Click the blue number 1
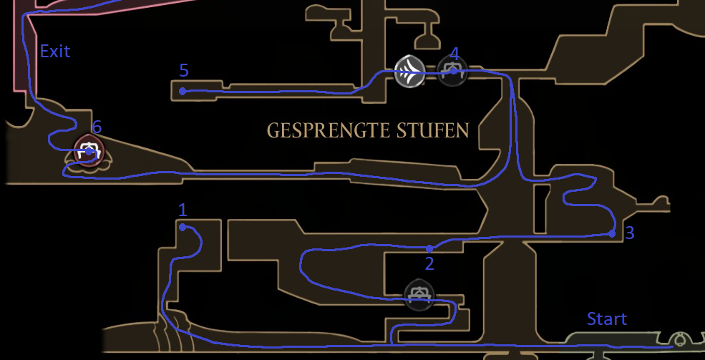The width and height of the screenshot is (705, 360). [x=183, y=210]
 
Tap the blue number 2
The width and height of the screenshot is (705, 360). [x=429, y=263]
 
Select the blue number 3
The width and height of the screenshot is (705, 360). [x=629, y=233]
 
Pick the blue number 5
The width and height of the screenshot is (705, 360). [x=184, y=70]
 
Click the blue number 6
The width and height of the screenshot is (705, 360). [x=97, y=127]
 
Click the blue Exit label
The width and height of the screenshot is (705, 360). [x=55, y=51]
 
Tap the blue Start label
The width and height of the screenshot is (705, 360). [x=606, y=318]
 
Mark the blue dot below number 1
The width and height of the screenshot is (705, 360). [x=183, y=227]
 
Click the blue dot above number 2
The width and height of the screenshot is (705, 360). [x=429, y=248]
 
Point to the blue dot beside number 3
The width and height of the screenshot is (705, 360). [x=612, y=233]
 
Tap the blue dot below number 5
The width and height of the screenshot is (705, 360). [x=183, y=91]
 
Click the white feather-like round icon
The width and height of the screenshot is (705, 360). [x=409, y=72]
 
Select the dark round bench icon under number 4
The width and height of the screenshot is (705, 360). [x=452, y=72]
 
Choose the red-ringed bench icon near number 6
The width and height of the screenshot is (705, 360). [x=89, y=151]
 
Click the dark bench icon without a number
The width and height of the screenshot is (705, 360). [x=419, y=293]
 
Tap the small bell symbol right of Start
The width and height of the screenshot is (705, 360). [x=679, y=339]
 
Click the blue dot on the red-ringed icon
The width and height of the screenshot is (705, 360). [x=89, y=151]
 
